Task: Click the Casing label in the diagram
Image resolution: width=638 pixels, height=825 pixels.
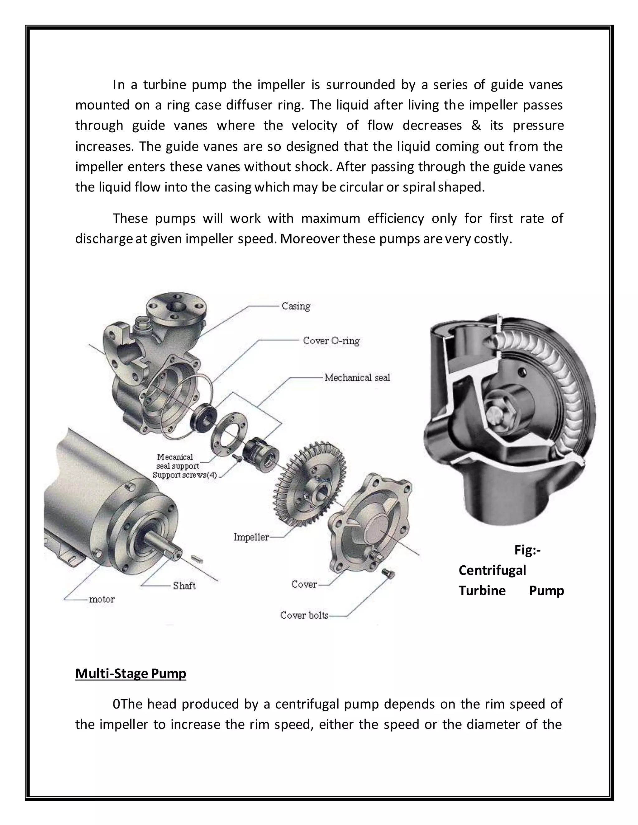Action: pyautogui.click(x=296, y=306)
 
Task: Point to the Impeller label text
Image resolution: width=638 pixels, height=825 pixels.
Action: pyautogui.click(x=251, y=537)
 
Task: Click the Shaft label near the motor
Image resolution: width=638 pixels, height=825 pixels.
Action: pyautogui.click(x=184, y=586)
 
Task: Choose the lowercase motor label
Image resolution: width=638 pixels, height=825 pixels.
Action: pyautogui.click(x=102, y=599)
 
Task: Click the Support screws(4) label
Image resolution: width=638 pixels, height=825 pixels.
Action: pyautogui.click(x=185, y=475)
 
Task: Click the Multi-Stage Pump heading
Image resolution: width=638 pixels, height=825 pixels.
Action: pyautogui.click(x=131, y=673)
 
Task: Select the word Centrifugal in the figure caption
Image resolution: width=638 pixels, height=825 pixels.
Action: pyautogui.click(x=492, y=570)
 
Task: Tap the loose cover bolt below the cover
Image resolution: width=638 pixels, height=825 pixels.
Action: pyautogui.click(x=388, y=574)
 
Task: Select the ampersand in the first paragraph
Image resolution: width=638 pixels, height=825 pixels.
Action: pyautogui.click(x=476, y=125)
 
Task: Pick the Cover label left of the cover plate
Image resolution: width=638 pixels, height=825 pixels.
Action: pyautogui.click(x=303, y=584)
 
